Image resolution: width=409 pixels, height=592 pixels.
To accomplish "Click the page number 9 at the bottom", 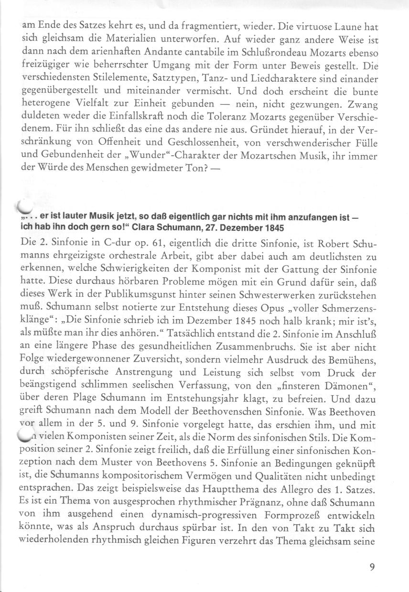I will point(372,568).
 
